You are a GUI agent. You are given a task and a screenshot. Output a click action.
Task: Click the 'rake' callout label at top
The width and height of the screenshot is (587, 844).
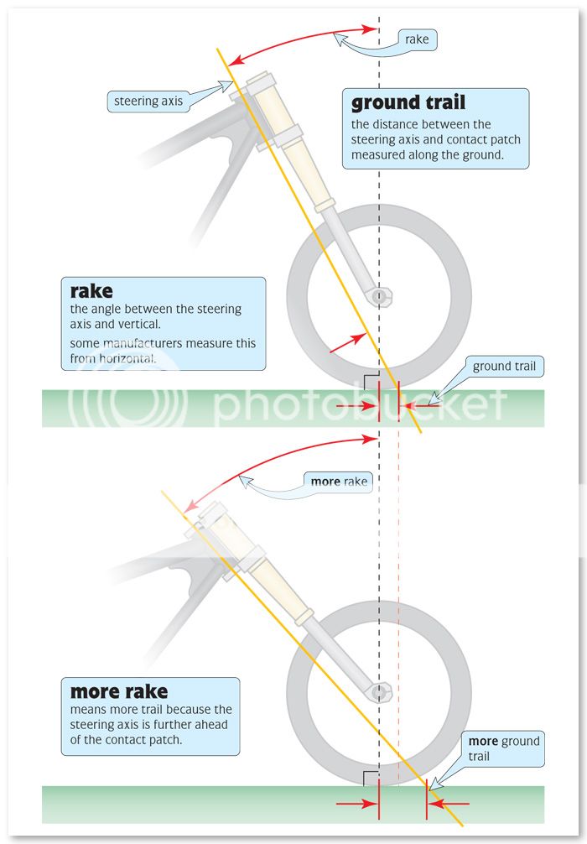tap(417, 39)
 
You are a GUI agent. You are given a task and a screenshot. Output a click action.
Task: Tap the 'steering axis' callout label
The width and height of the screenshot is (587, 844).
tap(148, 102)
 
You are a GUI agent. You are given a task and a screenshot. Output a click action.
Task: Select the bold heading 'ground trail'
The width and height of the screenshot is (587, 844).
tap(408, 103)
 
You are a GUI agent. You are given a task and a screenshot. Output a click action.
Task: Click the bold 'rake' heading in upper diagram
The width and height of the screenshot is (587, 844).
tap(91, 292)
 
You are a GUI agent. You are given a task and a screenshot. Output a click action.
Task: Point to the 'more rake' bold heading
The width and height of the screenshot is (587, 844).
tap(118, 692)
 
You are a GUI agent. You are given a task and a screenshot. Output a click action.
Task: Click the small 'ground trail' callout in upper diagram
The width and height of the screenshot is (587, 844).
tap(504, 366)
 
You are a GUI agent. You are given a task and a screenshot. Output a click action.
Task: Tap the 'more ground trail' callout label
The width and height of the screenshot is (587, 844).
tap(503, 748)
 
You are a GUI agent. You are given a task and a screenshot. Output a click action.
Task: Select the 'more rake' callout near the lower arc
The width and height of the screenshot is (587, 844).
tap(339, 482)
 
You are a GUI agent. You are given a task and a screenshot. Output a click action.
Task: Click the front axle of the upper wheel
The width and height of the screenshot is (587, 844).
tap(380, 296)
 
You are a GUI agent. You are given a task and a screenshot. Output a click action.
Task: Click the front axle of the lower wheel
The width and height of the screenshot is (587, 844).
tap(380, 693)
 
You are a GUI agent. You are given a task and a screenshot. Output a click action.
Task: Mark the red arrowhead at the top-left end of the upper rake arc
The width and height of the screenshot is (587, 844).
tap(236, 59)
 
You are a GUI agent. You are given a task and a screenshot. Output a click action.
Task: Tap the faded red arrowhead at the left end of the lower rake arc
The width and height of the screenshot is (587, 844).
tap(190, 506)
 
